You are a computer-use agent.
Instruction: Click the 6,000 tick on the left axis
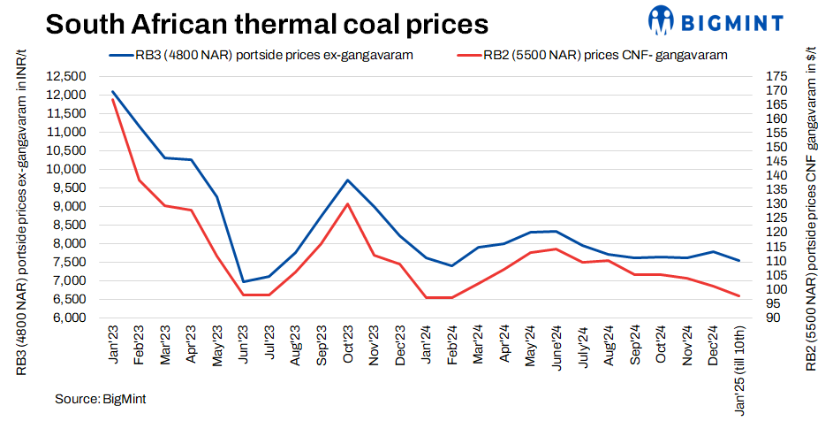tap(65, 318)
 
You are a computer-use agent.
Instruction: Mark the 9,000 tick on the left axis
tap(65, 207)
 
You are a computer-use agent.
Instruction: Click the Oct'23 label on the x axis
tap(348, 343)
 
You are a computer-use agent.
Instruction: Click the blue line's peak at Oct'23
tap(348, 180)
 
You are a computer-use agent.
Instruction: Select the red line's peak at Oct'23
tap(348, 204)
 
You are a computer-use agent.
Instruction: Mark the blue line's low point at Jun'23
tap(243, 281)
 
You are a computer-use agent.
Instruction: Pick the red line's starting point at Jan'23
tap(112, 99)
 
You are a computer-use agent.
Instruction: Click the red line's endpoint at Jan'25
tap(738, 296)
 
